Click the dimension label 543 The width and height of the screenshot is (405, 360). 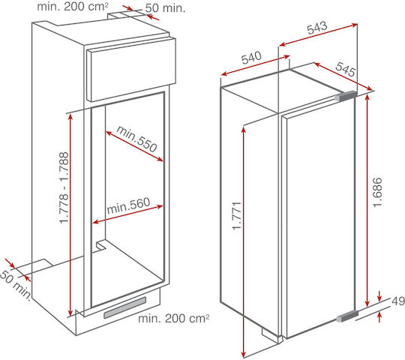tap(317, 27)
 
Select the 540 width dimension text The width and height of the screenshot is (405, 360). tap(251, 58)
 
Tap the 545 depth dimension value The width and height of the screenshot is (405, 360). tap(346, 69)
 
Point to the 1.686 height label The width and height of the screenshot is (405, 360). tap(377, 192)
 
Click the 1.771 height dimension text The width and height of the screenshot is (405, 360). tap(236, 216)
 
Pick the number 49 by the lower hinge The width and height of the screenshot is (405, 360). tap(398, 301)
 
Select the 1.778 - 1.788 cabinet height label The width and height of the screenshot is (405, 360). tap(64, 187)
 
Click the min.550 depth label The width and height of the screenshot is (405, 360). tap(136, 139)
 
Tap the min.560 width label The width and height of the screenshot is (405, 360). tap(128, 205)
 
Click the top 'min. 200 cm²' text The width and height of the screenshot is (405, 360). tap(73, 6)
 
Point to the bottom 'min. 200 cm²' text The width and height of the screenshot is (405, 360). tap(173, 318)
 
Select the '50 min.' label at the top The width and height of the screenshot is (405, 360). tap(165, 8)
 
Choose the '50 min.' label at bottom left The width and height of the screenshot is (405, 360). tap(16, 285)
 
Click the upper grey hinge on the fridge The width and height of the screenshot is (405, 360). tap(346, 96)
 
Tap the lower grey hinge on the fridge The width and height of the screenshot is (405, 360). tap(348, 316)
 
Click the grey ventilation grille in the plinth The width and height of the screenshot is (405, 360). tap(125, 307)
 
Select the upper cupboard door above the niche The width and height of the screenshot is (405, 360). tap(132, 70)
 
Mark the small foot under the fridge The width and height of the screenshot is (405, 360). tap(271, 334)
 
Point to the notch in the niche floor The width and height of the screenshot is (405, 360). tap(100, 245)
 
